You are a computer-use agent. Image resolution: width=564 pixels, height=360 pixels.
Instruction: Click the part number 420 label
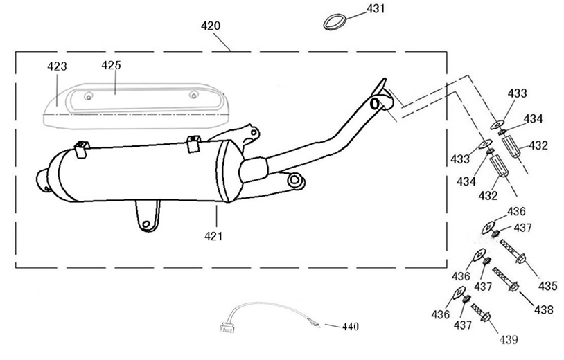click(210, 26)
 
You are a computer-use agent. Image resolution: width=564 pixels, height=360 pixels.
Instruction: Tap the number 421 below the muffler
click(213, 236)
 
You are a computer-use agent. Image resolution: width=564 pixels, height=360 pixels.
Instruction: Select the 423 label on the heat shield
click(57, 67)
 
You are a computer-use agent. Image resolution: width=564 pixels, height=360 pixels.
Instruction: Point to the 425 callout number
click(111, 65)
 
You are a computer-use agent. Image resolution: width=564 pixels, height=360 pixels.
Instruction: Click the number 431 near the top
click(376, 9)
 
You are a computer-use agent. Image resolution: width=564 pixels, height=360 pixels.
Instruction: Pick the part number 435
click(547, 285)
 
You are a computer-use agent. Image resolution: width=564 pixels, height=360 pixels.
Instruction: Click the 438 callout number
click(544, 310)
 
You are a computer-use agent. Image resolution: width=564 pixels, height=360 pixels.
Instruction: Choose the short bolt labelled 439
click(480, 312)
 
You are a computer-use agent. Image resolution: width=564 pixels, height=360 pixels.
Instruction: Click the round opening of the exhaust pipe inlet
click(376, 104)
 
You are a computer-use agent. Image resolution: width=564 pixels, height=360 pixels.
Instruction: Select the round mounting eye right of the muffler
click(295, 182)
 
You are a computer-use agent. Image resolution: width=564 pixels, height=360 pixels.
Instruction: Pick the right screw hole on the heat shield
click(195, 95)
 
